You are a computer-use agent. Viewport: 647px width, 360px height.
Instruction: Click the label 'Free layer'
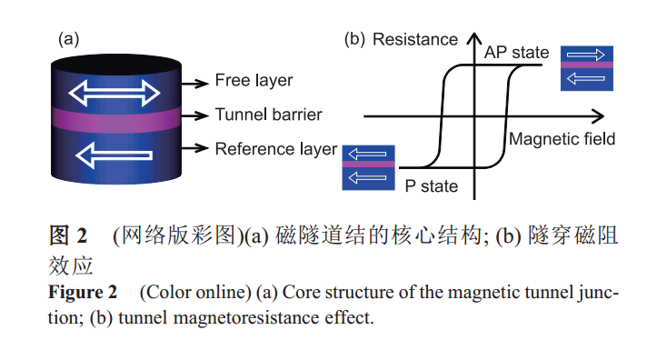(254, 81)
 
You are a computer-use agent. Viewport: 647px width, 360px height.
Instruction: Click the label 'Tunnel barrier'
(268, 115)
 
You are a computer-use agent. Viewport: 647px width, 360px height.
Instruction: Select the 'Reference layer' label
(275, 148)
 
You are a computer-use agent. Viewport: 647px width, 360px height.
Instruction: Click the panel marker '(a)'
(69, 39)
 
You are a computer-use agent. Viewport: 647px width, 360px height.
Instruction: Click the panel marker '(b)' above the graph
(353, 39)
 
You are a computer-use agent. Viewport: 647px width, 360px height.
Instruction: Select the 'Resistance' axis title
(415, 39)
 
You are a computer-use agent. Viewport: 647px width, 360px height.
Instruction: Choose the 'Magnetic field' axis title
(562, 139)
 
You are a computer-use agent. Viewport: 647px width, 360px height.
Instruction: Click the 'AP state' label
(517, 53)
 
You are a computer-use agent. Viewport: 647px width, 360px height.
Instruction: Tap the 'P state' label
(431, 186)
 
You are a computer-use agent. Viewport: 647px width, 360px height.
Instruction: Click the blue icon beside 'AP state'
(587, 68)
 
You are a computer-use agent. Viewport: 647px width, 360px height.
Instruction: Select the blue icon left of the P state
(368, 166)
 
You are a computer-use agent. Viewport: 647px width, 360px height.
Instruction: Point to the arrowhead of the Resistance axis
(474, 38)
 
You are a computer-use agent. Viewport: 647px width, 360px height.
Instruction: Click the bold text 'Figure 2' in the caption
(83, 294)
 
